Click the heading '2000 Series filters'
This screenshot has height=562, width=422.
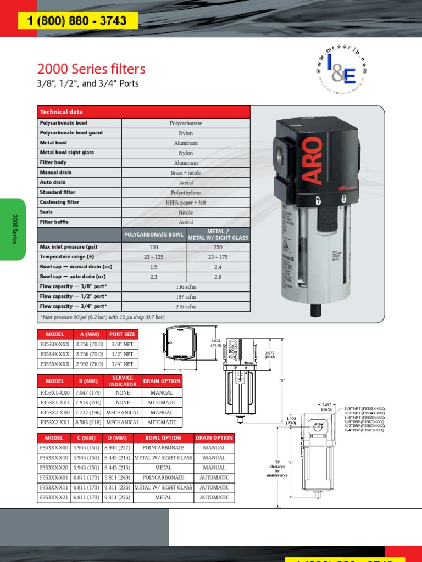(x=91, y=69)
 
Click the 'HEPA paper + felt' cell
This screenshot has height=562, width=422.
(x=186, y=203)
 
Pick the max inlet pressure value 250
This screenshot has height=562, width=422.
(x=218, y=247)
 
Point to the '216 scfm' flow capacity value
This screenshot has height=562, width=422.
(x=186, y=306)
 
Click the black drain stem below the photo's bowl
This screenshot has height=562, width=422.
(x=315, y=310)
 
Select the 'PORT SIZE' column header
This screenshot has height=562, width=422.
(x=122, y=334)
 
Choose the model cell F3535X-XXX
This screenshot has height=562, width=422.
(x=55, y=364)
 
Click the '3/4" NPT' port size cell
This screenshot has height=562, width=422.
(x=122, y=364)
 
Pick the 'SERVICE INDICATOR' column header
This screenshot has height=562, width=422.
(x=123, y=381)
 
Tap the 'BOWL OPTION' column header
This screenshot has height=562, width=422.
(x=163, y=438)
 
